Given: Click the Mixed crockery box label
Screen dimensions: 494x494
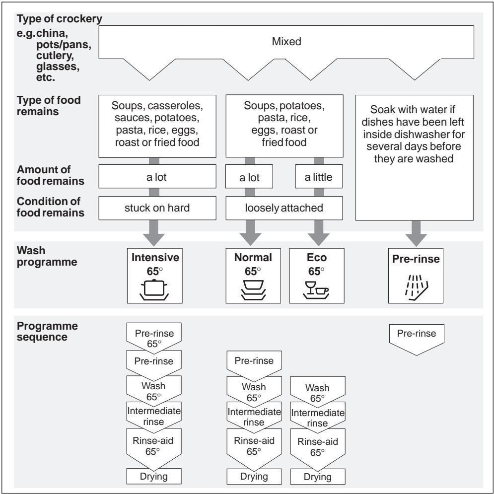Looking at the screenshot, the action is [286, 42].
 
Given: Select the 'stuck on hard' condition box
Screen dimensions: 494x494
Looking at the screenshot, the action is [157, 208].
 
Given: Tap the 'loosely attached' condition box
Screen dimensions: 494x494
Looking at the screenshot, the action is [284, 208].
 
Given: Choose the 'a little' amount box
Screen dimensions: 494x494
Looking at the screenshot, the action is [319, 177].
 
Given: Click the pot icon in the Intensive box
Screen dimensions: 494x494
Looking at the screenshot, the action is [154, 290].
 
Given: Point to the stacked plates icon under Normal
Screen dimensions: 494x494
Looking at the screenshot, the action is [253, 290].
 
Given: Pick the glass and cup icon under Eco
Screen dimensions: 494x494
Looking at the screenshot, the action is [316, 290].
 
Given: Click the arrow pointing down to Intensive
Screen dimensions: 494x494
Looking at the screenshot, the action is [154, 233].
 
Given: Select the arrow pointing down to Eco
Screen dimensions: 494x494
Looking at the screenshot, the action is [319, 233].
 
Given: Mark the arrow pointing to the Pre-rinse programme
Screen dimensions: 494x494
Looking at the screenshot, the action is [416, 234].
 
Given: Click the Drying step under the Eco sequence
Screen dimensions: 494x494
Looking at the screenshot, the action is [318, 477].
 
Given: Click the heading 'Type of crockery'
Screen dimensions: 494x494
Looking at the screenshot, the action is [59, 19].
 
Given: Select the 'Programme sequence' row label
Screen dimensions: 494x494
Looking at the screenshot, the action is [47, 331].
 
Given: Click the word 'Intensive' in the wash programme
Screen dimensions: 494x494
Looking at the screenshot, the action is [155, 257].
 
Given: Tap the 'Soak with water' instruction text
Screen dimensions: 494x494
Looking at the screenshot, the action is [414, 134].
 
